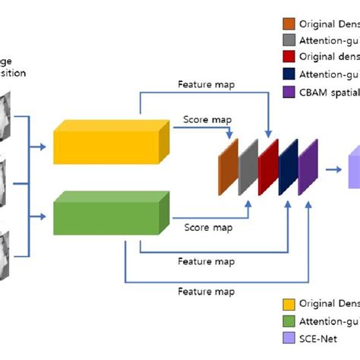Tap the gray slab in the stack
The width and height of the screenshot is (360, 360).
pos(248,168)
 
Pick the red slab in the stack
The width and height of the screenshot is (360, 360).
pos(268,168)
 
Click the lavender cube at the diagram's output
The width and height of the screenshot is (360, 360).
pos(353,169)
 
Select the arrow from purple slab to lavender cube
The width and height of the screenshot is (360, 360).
pos(333,169)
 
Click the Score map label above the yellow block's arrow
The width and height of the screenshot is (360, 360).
pos(207,119)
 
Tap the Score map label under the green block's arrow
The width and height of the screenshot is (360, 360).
pos(208,227)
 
